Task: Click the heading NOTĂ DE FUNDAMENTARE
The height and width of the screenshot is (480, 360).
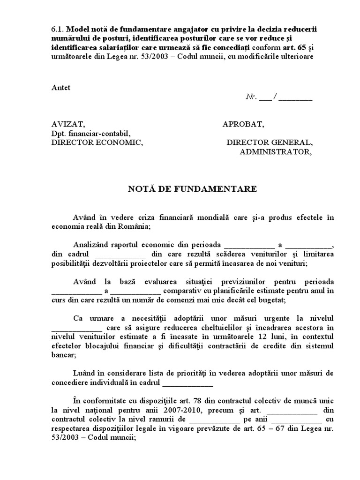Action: [x=193, y=189]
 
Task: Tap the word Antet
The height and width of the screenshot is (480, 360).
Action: [x=61, y=88]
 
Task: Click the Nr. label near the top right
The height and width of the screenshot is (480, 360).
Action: [x=251, y=97]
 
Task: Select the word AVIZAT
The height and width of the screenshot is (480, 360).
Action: [x=68, y=124]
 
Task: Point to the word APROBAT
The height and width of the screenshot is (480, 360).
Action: [x=243, y=124]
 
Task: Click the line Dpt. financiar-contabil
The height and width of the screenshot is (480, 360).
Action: [x=90, y=134]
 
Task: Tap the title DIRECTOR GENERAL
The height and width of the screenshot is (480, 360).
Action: [x=269, y=142]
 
